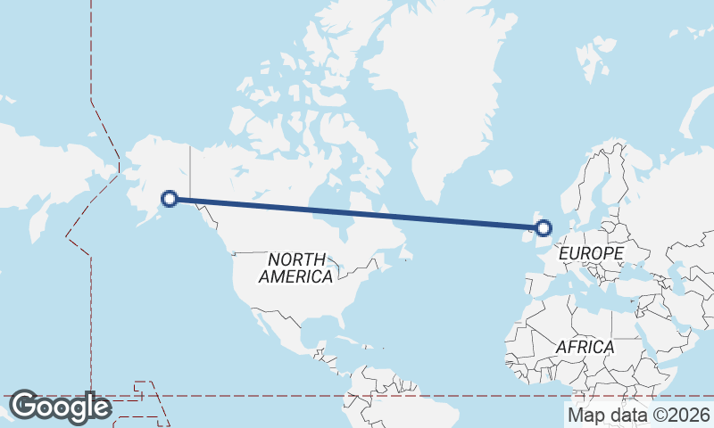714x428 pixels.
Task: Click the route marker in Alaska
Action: (169, 199)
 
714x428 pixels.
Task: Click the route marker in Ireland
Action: (543, 227)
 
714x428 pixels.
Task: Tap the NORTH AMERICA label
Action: (295, 267)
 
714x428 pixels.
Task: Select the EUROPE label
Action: (590, 254)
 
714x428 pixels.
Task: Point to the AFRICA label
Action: (585, 346)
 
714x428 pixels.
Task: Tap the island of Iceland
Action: (501, 177)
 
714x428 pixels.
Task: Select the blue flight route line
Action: (357, 213)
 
